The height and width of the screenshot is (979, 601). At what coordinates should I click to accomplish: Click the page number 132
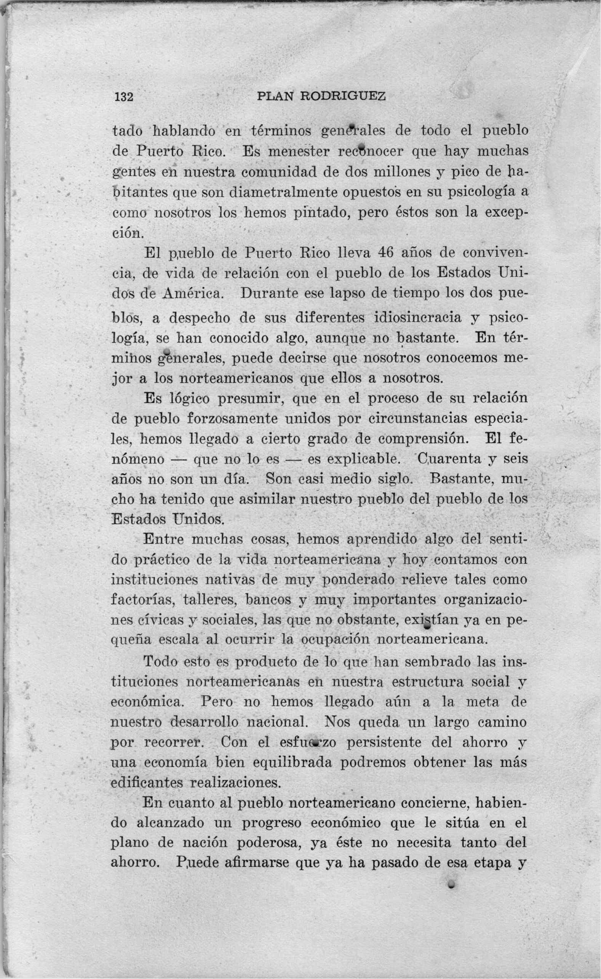[124, 97]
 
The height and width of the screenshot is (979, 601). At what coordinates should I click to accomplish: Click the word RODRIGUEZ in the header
[343, 96]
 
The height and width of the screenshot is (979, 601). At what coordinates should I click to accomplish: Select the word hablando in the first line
[185, 131]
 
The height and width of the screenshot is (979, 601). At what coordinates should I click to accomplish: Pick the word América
[194, 294]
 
